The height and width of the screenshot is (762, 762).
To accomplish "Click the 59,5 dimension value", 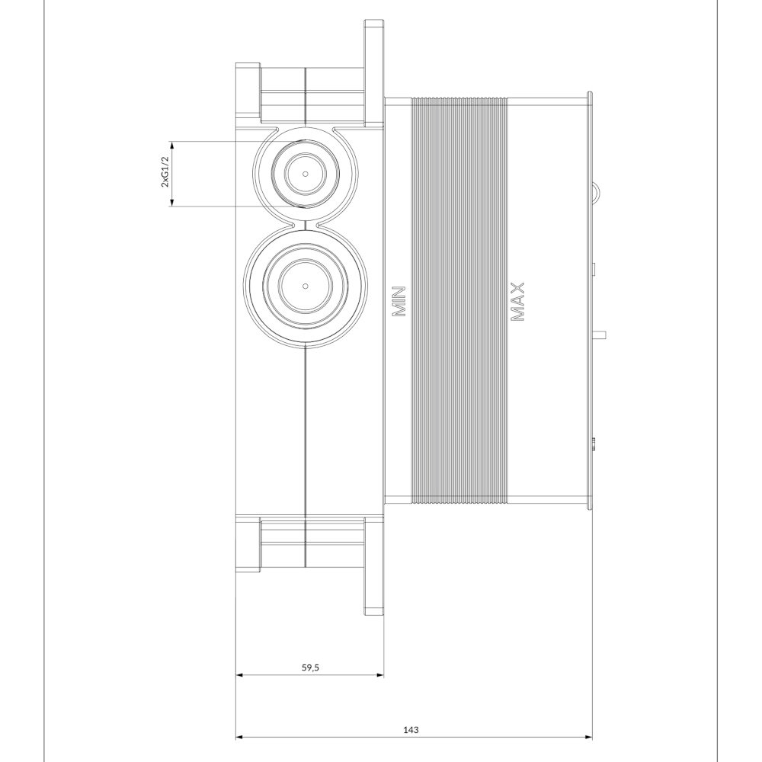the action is pos(310,668).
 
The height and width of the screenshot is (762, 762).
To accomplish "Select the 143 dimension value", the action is pos(411,729).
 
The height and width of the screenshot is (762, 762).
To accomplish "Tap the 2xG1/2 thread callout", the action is pos(165,171).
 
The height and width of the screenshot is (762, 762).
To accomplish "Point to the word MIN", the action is pos(399,302).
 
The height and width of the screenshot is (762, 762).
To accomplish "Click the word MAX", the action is pos(518,302).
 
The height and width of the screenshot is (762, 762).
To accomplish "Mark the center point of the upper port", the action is pos(306,174).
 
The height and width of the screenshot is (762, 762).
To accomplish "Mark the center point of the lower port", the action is pos(306,285).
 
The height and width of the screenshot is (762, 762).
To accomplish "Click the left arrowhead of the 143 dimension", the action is pos(239,738).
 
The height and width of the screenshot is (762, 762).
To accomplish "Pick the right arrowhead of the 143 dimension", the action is pos(588,738).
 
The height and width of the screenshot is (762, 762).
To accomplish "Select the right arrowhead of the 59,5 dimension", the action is pos(380,675).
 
